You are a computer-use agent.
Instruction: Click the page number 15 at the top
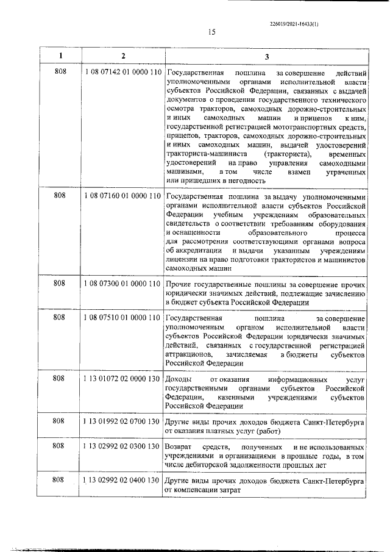(x=194, y=32)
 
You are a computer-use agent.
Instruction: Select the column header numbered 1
(x=60, y=56)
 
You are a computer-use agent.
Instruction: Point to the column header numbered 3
(x=266, y=56)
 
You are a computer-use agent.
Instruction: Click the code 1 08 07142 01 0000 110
(x=122, y=73)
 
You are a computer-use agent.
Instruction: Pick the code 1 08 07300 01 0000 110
(x=122, y=284)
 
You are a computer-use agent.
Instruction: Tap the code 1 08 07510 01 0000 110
(x=122, y=318)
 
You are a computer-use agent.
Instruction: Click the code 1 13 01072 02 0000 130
(x=122, y=379)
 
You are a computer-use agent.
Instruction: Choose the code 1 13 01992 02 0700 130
(x=122, y=421)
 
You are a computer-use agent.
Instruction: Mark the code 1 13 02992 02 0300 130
(x=122, y=446)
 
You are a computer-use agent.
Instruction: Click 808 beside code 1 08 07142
(x=60, y=73)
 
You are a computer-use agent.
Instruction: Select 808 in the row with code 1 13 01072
(x=60, y=379)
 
